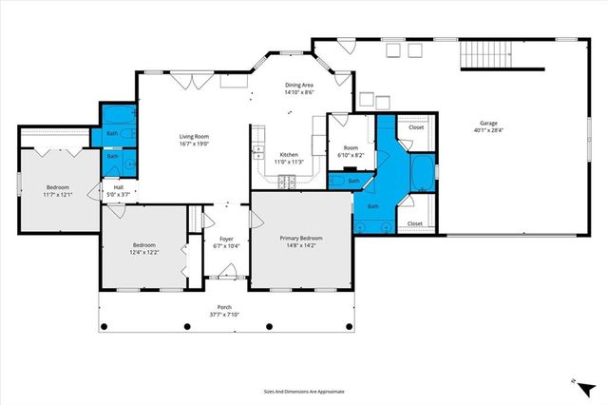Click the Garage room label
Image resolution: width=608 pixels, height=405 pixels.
click(x=488, y=123)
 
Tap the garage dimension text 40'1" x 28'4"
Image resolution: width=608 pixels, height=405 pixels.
click(x=488, y=131)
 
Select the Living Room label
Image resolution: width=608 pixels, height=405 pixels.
click(x=194, y=138)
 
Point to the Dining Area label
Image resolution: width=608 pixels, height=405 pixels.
click(x=300, y=85)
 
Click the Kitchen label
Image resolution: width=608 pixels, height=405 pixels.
click(x=289, y=155)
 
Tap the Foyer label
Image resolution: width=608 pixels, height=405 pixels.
click(x=226, y=239)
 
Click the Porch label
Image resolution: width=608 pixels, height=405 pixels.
click(x=224, y=307)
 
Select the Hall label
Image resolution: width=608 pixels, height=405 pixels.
click(x=119, y=187)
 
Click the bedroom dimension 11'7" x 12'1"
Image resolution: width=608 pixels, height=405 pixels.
click(x=57, y=195)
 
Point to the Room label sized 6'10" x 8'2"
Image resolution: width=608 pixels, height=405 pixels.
click(x=351, y=147)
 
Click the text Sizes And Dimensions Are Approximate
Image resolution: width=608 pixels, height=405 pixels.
click(x=303, y=391)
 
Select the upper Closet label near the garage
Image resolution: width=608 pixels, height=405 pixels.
click(x=415, y=126)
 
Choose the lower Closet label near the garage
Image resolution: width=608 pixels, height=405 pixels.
click(x=415, y=223)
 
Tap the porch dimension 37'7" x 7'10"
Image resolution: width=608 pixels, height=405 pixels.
click(x=224, y=315)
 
